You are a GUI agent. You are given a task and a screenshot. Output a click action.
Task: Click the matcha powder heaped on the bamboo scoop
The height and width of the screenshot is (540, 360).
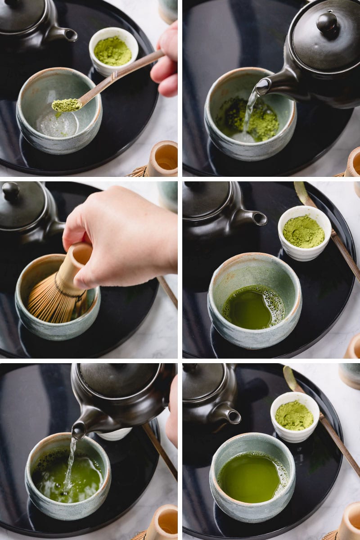[66, 105]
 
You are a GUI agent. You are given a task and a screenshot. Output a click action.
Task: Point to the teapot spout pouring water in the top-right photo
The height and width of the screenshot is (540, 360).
[264, 85]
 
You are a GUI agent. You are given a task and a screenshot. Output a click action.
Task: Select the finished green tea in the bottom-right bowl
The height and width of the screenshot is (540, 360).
[249, 477]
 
